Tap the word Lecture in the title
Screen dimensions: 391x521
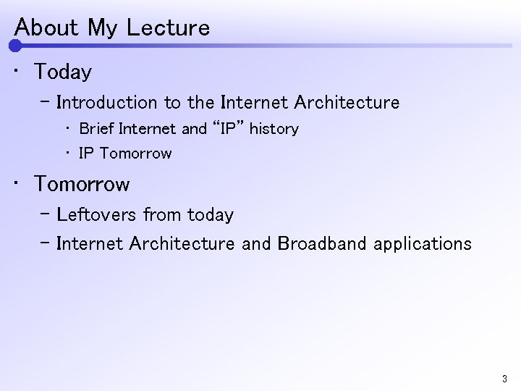pyautogui.click(x=167, y=28)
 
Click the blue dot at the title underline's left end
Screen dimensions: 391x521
pyautogui.click(x=15, y=46)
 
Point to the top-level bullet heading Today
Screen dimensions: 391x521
pyautogui.click(x=63, y=72)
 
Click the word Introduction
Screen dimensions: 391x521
pyautogui.click(x=106, y=103)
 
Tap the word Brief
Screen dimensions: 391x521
pyautogui.click(x=96, y=129)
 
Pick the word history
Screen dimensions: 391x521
pyautogui.click(x=274, y=129)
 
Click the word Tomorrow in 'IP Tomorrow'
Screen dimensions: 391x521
pyautogui.click(x=136, y=154)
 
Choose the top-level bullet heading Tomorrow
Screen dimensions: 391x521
pyautogui.click(x=82, y=185)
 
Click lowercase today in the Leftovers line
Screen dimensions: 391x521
pyautogui.click(x=210, y=215)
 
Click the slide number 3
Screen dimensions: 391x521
pyautogui.click(x=504, y=379)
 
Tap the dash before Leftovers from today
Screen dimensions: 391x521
pyautogui.click(x=45, y=215)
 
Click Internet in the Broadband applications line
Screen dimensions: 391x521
pyautogui.click(x=90, y=244)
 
